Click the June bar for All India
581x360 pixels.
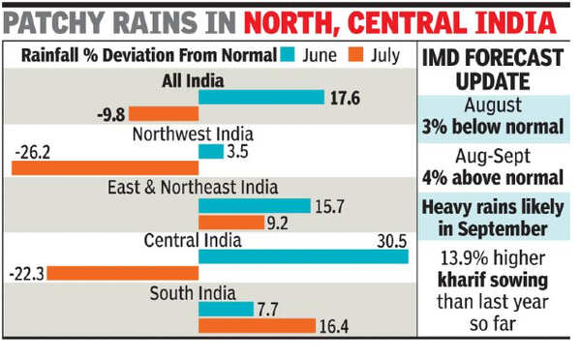(x=260, y=97)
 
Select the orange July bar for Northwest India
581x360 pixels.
(x=105, y=168)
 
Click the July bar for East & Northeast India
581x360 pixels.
(x=231, y=222)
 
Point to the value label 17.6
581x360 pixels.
(x=346, y=97)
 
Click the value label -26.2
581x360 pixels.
(x=35, y=151)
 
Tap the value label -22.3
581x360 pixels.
(x=26, y=274)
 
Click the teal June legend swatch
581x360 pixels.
(x=288, y=55)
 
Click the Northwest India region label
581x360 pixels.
(x=194, y=135)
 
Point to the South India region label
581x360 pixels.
(x=198, y=292)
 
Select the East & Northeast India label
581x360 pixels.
(x=194, y=187)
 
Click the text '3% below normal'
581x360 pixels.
(x=494, y=127)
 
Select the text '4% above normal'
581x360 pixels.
(x=494, y=178)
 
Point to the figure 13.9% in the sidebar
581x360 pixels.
(x=460, y=258)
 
